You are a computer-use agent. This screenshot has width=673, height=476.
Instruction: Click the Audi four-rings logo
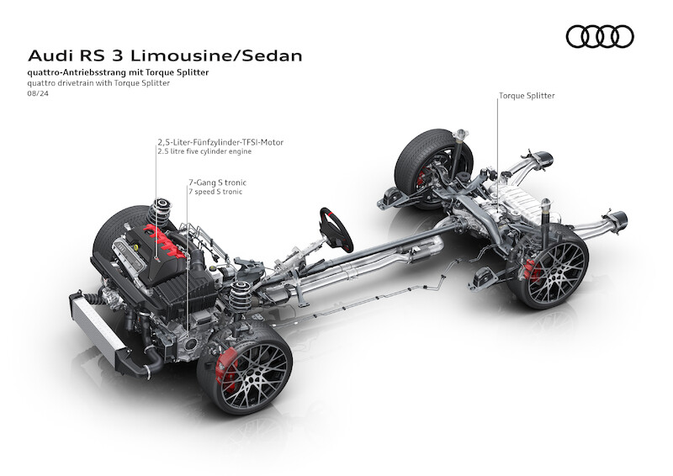click(x=599, y=36)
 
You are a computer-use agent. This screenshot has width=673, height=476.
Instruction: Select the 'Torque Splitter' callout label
click(x=527, y=96)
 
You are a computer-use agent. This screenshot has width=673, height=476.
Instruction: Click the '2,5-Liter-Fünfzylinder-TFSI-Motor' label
click(x=220, y=142)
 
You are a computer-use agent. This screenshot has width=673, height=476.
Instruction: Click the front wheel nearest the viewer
click(x=245, y=368)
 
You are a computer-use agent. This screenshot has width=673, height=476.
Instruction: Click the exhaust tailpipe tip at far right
click(x=623, y=221)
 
